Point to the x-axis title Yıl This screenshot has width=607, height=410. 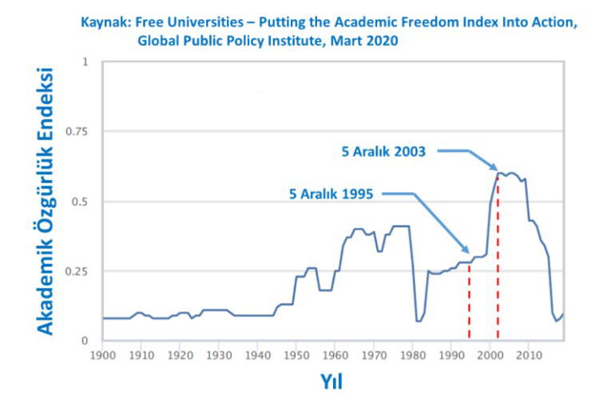click(x=331, y=382)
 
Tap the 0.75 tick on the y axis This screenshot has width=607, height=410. click(x=78, y=132)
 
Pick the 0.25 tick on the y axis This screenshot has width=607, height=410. click(x=78, y=272)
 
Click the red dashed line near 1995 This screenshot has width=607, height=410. click(x=470, y=300)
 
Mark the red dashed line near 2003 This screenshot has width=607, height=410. click(x=498, y=256)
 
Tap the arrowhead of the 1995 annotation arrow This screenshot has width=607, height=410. click(x=467, y=252)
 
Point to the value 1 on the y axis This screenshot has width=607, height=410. click(x=85, y=62)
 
